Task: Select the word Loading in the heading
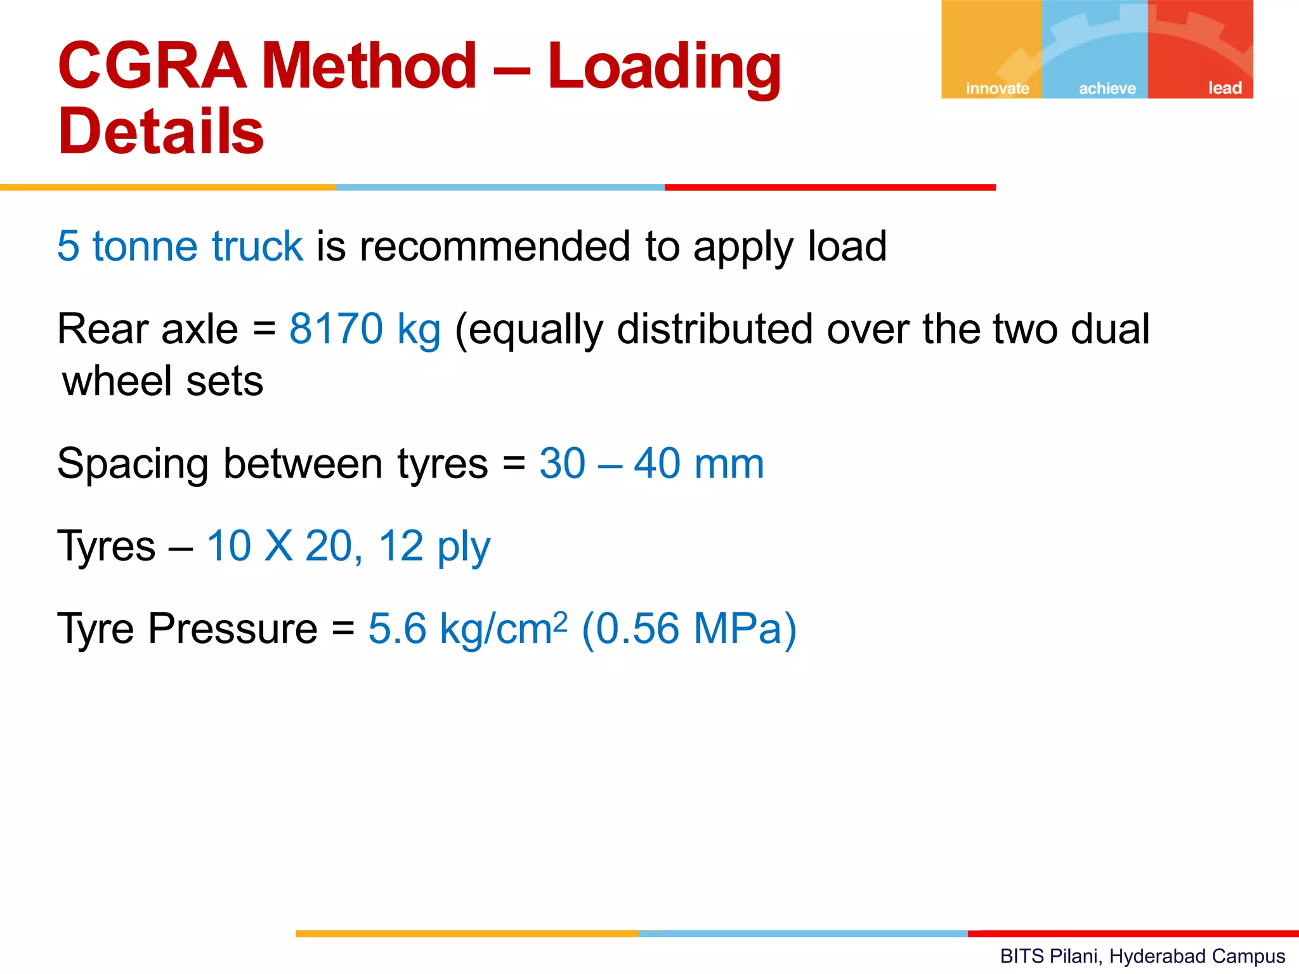tap(664, 67)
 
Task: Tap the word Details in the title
tap(161, 131)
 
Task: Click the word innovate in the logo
tap(997, 88)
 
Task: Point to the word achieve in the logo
tap(1107, 88)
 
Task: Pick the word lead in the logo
tap(1224, 88)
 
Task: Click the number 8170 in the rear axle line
tap(336, 329)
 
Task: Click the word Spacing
tap(133, 464)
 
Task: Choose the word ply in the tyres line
tap(464, 547)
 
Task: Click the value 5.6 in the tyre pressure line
tap(398, 629)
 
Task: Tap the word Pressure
tap(233, 629)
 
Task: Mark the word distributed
tap(714, 329)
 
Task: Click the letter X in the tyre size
tap(279, 546)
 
